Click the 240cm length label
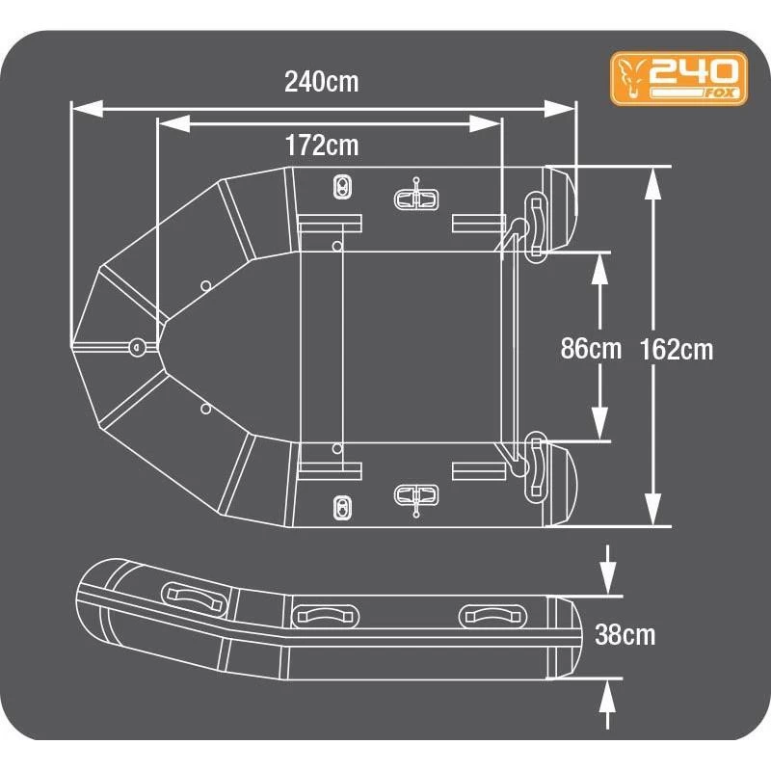(321, 82)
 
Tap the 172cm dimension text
(321, 146)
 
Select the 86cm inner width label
(591, 348)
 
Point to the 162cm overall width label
(676, 348)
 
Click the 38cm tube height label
(625, 635)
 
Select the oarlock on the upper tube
(417, 198)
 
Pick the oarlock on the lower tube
(417, 495)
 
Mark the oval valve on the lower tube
(340, 506)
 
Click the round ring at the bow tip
(136, 344)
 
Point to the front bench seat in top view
(330, 347)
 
